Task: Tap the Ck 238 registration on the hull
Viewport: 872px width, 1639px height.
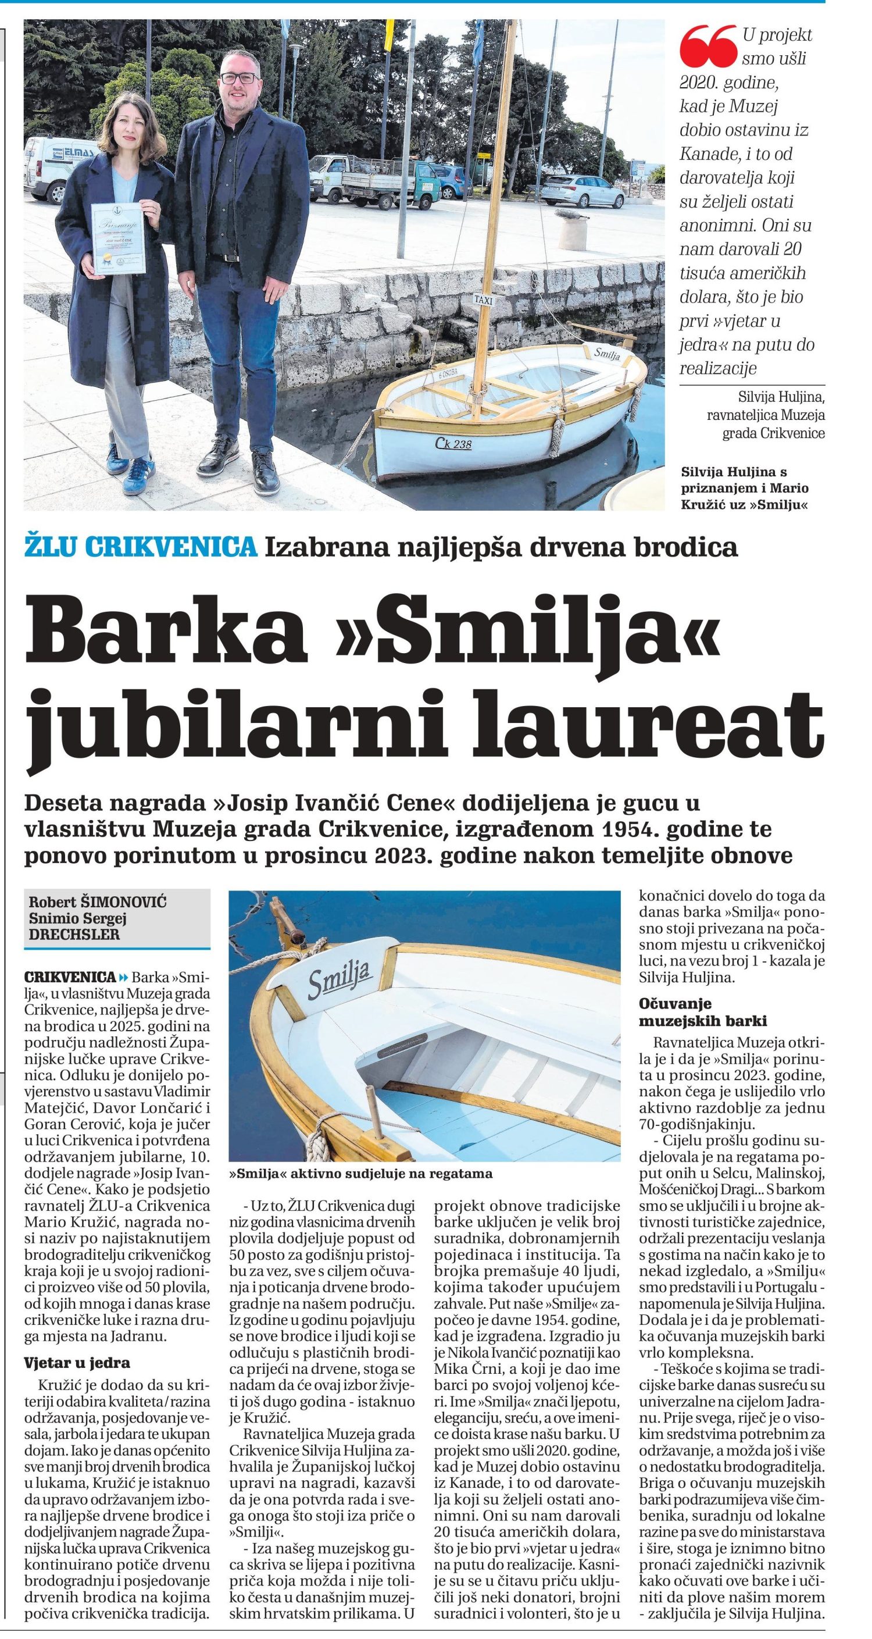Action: tap(453, 444)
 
